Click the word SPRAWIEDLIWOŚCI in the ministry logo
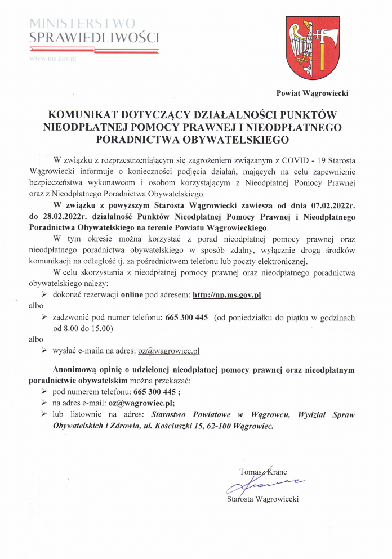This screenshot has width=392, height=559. pos(95,38)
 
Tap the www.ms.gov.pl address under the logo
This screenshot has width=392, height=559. pos(52,59)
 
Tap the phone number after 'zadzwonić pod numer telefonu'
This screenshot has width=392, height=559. pos(186,317)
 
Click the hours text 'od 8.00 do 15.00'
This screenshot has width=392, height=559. pos(83,328)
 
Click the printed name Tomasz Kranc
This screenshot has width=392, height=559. pos(263,472)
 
